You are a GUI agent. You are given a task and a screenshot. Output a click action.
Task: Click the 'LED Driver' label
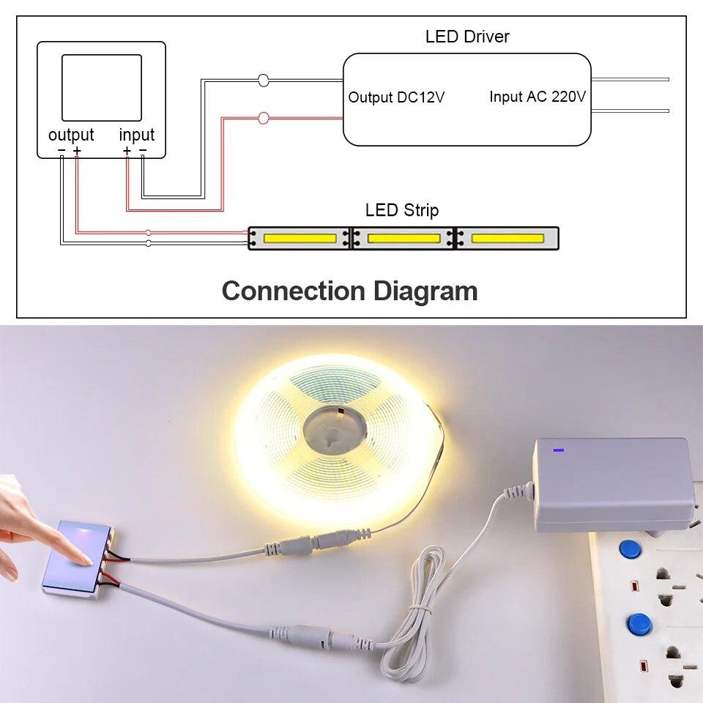(x=467, y=36)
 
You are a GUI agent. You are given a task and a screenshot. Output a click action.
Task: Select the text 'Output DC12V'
(x=396, y=97)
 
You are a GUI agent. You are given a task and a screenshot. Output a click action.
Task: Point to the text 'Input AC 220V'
(x=538, y=97)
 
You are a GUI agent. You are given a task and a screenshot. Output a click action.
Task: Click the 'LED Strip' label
(x=402, y=211)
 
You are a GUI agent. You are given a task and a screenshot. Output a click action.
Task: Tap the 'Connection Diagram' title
(x=349, y=291)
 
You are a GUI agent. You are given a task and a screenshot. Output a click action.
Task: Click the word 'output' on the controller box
(x=71, y=135)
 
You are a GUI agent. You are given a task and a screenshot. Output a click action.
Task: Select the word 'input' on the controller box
(x=137, y=135)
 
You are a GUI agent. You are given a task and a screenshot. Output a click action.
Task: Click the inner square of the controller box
(x=101, y=87)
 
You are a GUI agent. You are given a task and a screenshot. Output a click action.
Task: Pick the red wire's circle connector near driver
(x=264, y=117)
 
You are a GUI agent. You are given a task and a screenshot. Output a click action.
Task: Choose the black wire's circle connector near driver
(x=264, y=80)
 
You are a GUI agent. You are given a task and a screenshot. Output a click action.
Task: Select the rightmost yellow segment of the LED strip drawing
(x=507, y=238)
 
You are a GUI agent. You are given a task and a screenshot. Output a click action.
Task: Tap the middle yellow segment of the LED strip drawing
(x=403, y=238)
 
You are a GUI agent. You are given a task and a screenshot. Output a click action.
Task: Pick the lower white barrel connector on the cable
(x=322, y=634)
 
